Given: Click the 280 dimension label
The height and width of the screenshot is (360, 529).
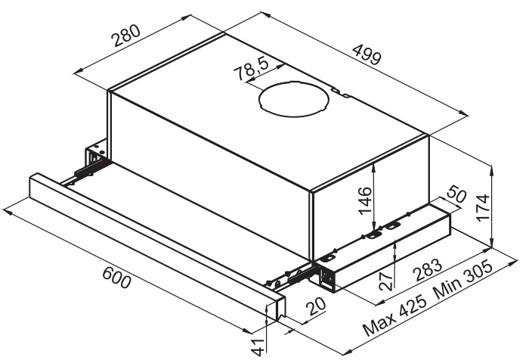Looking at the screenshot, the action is click(x=126, y=36).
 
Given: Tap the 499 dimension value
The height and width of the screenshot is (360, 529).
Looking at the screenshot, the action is click(x=367, y=54).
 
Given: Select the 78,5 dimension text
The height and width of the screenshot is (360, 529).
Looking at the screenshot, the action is click(x=252, y=69).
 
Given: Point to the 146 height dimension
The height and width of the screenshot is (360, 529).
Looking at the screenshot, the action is click(x=365, y=200).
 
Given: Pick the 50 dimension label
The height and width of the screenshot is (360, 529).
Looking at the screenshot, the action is click(x=456, y=195).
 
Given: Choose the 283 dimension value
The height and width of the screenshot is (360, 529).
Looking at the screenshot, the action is click(x=428, y=270).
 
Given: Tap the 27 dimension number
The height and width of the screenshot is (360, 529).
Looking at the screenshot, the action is click(x=385, y=282).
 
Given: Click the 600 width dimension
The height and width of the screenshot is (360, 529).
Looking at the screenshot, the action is click(x=116, y=278).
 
